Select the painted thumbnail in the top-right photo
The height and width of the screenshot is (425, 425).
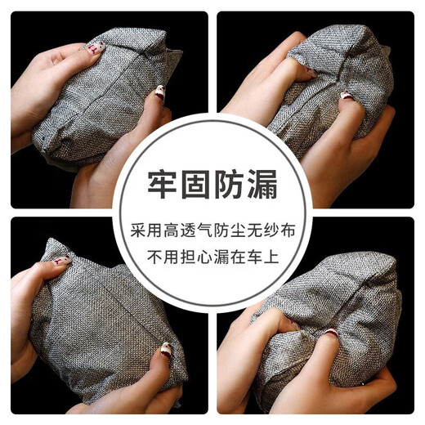point(302,74)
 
